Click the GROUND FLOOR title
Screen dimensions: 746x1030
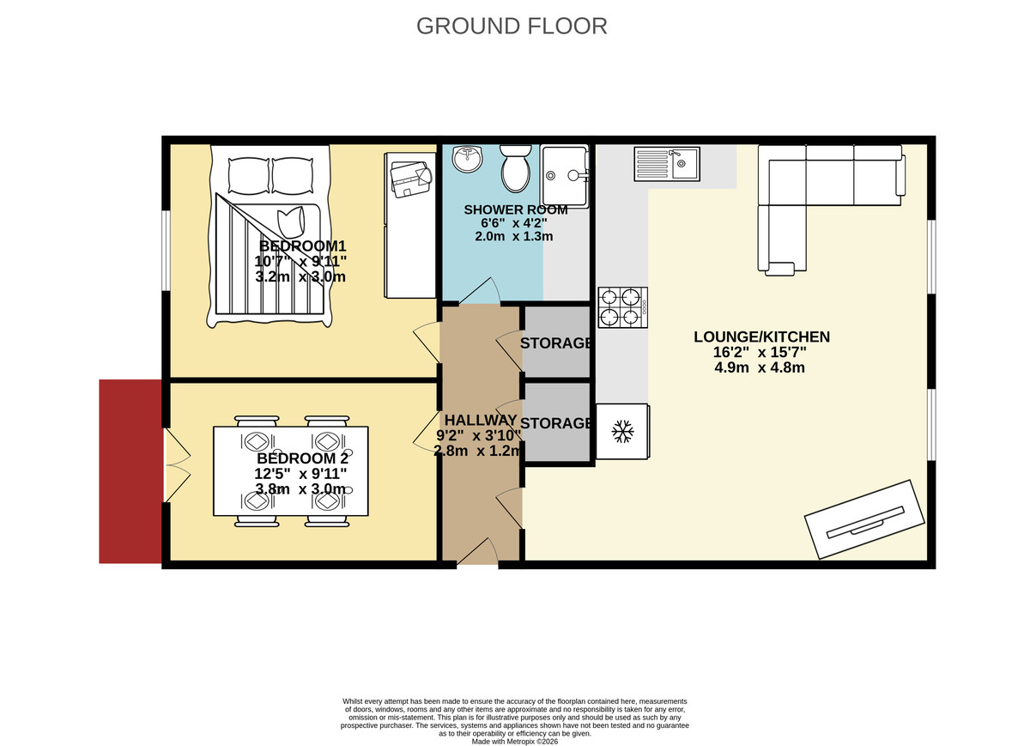512,26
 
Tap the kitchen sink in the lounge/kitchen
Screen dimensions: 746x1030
667,163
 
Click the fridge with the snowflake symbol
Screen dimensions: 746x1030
622,431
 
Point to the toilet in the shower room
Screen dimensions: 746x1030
517,168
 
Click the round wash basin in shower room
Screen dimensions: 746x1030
469,158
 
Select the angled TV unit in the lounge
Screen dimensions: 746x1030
865,520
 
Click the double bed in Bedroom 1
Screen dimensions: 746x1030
268,240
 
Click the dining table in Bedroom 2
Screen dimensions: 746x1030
291,470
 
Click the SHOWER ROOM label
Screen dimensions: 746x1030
516,210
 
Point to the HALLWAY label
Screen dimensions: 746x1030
480,420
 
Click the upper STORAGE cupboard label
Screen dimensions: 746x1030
557,343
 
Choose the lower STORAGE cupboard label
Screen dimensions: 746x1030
557,423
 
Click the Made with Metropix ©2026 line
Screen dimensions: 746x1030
515,741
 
